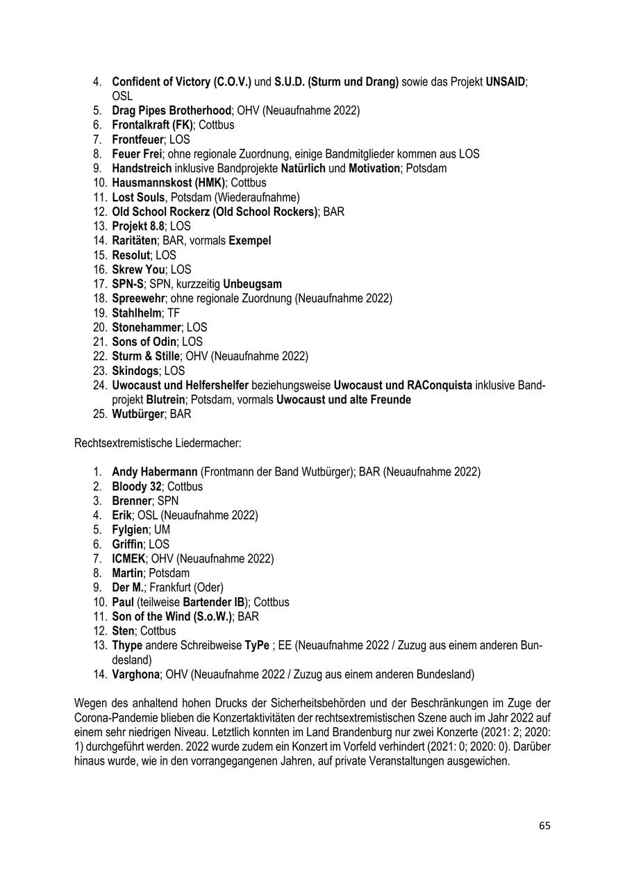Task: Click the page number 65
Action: click(544, 826)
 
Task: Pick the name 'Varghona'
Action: click(135, 674)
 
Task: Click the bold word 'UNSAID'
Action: click(506, 82)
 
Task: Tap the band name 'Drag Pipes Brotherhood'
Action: click(171, 110)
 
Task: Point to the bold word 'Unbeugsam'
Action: click(253, 284)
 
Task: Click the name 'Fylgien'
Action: click(130, 530)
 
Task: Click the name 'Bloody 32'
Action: click(137, 487)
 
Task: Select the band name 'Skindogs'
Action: click(135, 371)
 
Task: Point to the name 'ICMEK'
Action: click(128, 559)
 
